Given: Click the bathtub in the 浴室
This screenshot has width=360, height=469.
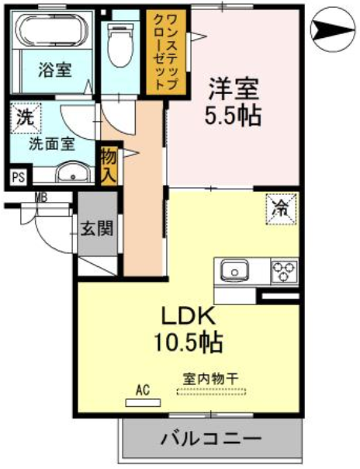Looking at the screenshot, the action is pos(54,30).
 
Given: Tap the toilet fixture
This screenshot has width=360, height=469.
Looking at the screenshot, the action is pos(119,45).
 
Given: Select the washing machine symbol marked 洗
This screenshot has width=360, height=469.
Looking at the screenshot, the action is pos(26,117).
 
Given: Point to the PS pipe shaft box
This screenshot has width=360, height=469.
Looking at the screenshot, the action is pos(18,177).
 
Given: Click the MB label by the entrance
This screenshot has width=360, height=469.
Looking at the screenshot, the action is pos(40,197).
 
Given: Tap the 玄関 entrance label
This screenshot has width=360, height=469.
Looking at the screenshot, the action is pos(97,229).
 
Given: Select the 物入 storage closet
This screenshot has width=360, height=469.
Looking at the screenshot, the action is pos(108,165).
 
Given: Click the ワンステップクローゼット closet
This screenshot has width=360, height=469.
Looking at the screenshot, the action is pos(166,52).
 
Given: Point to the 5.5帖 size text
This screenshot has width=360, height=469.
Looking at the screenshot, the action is pos(233,116).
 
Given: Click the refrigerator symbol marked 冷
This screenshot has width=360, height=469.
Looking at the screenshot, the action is pos(282,209).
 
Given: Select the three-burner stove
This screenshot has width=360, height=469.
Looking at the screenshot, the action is pos(284,272).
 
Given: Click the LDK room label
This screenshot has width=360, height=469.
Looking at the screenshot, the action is pos(189,317).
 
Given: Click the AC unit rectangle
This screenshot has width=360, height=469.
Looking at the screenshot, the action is pos(143,402).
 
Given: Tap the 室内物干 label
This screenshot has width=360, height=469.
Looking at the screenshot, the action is pos(210,379).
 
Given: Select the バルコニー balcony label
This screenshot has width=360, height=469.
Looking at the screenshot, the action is pos(211,439).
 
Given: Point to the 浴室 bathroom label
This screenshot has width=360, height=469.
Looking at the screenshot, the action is pos(55,70).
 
